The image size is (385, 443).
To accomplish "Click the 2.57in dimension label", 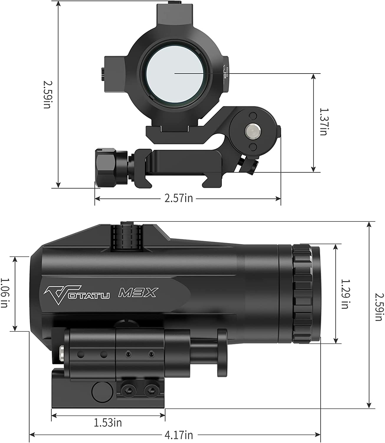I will [x=178, y=198].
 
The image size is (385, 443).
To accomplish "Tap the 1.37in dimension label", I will [x=323, y=121].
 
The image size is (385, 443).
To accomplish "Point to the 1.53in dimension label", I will [x=108, y=423].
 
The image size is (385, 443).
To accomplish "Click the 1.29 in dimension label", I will [x=345, y=294].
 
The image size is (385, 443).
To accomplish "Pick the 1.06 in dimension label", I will [x=4, y=293].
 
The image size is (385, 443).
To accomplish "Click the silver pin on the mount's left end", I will [x=62, y=354].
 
